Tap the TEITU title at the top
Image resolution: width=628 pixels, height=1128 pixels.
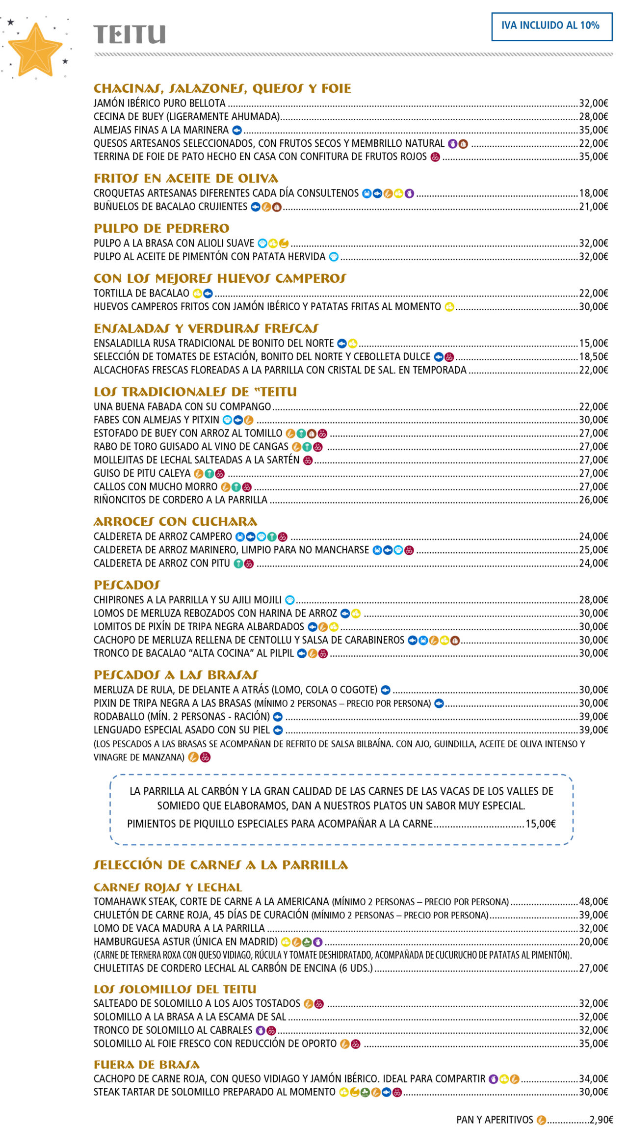coord(130,35)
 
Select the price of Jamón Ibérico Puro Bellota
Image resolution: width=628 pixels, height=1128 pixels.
coord(593,104)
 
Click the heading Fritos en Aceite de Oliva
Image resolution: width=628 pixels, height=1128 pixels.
coord(186,179)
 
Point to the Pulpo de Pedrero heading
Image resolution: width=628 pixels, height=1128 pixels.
coord(161,229)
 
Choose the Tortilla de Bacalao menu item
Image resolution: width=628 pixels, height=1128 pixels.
coord(141,294)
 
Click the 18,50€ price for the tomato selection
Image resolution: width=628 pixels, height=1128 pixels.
coord(593,357)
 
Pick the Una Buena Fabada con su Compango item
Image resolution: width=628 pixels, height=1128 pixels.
coord(182,407)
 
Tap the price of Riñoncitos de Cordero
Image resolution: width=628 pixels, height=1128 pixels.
coord(593,500)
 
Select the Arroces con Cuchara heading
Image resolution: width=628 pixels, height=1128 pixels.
coord(175,522)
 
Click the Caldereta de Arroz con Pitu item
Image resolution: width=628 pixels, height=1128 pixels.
coord(161,564)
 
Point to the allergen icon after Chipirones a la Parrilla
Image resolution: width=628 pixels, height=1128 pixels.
coord(290,600)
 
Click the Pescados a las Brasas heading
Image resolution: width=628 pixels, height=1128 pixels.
coord(176,675)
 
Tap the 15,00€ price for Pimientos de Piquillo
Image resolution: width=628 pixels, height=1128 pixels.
coord(540,824)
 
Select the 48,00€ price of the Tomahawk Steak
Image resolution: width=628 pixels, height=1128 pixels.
coord(593,902)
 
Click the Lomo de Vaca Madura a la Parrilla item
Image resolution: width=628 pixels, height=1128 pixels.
coord(179,928)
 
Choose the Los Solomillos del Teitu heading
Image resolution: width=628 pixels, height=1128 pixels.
coord(175,989)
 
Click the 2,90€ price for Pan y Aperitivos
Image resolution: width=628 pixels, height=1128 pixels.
coord(601,1120)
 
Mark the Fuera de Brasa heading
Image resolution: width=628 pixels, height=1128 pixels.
coord(147,1065)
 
